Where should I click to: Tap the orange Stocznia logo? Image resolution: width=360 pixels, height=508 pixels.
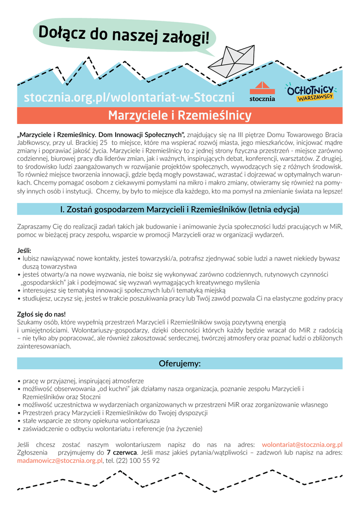tap(262, 92)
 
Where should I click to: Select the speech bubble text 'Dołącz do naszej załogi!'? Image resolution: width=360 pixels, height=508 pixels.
tap(124, 35)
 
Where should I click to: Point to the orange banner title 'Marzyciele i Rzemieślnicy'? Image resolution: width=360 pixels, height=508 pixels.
tap(180, 116)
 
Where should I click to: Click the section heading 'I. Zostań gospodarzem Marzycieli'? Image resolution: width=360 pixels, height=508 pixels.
tap(180, 209)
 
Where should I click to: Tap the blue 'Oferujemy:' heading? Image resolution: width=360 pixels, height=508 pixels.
tap(180, 364)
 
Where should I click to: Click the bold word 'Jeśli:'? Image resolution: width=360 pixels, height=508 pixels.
tap(24, 251)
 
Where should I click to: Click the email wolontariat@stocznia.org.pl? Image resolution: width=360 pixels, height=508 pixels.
tap(302, 444)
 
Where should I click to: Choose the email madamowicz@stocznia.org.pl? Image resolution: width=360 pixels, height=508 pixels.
tap(60, 460)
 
